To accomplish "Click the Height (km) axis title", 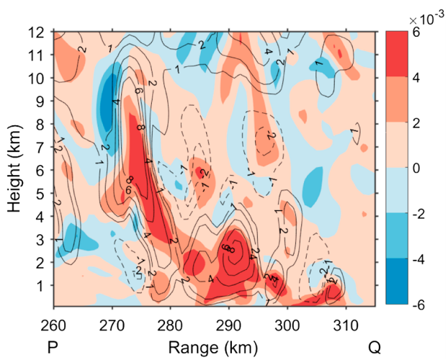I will point(14,169).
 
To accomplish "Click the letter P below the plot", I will point(53,348).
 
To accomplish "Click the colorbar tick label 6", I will point(418,32).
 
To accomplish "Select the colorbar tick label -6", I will point(420,305).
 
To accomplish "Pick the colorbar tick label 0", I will point(418,168).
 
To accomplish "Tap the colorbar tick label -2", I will point(420,214).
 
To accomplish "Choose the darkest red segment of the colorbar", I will point(398,54).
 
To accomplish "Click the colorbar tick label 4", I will point(418,77).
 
